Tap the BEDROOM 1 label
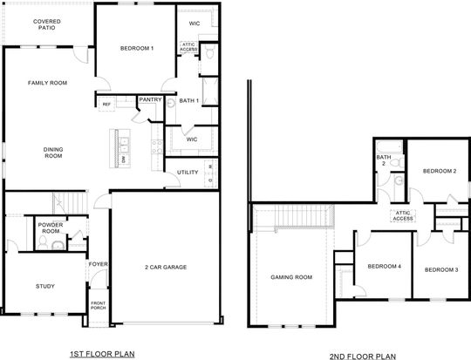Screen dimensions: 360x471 point(136,48)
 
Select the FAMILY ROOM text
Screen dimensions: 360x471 point(47,83)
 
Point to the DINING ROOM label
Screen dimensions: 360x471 point(53,153)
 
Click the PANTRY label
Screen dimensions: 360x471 point(149,99)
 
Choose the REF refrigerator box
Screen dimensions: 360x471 point(107,104)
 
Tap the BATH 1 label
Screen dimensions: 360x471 point(189,101)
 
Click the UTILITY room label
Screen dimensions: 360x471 point(188,172)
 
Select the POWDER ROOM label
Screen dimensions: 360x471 point(50,228)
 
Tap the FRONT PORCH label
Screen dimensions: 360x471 point(98,306)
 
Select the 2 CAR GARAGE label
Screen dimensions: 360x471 point(166,267)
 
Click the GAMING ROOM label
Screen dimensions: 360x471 point(290,277)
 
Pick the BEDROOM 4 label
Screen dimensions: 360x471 point(384,266)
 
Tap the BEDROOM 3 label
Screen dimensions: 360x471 point(441,270)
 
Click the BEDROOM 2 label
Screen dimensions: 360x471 point(440,171)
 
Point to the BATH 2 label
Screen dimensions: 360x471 point(381,160)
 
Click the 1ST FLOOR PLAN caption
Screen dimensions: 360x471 point(103,353)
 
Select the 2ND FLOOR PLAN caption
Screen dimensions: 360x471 point(363,356)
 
